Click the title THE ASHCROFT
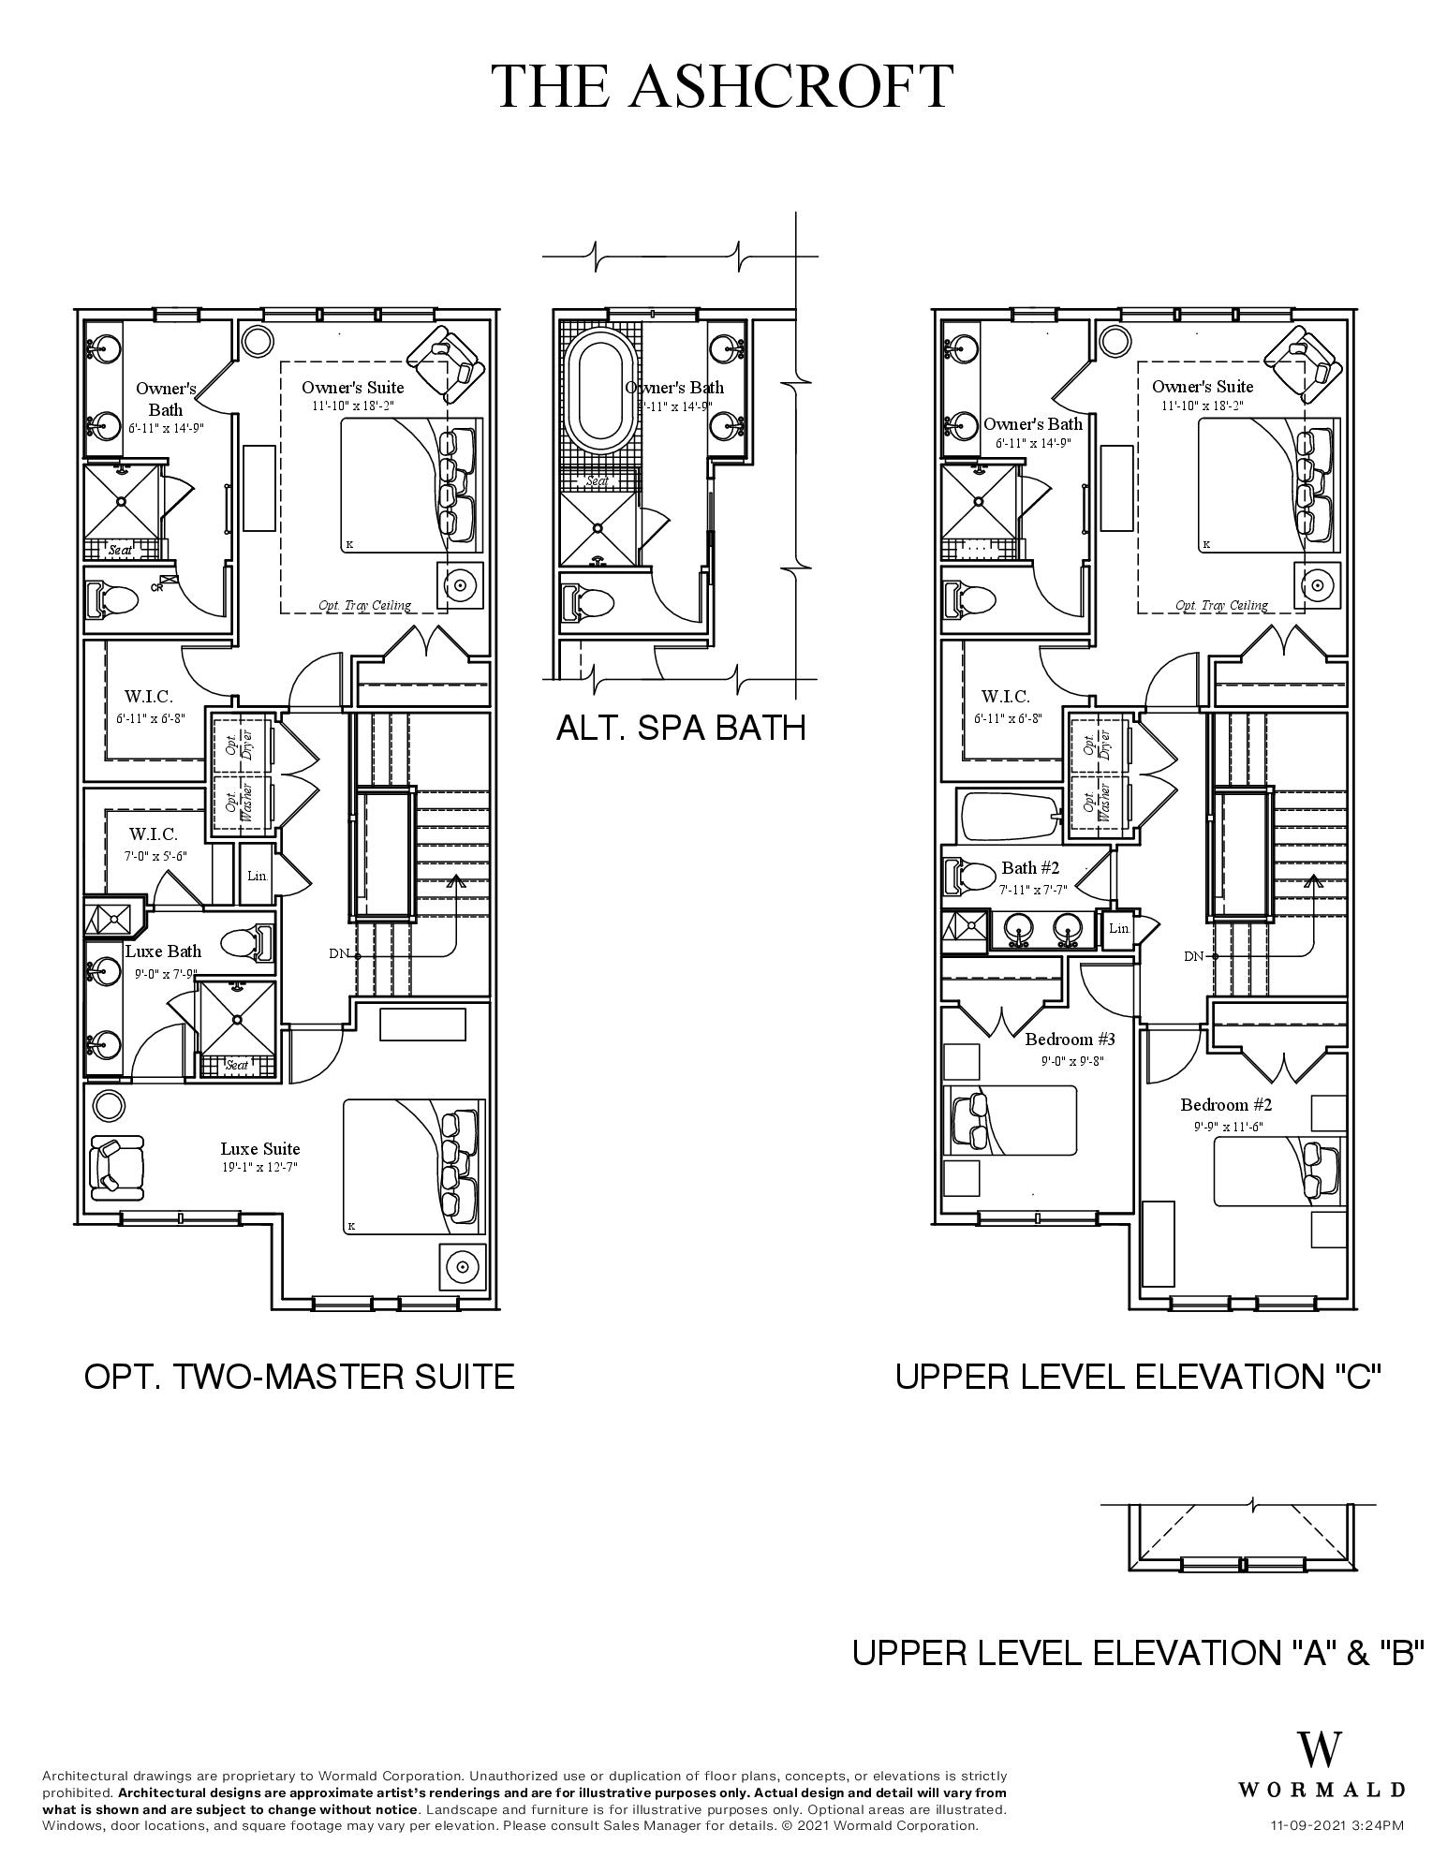click(723, 86)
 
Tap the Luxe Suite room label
click(260, 1148)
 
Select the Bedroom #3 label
click(1070, 1039)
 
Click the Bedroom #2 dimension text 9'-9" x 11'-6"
click(1228, 1127)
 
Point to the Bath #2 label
click(1030, 867)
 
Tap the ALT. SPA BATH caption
click(681, 728)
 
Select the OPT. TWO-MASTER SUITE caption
click(299, 1376)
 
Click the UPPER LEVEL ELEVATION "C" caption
click(1138, 1376)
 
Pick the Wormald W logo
click(1320, 1749)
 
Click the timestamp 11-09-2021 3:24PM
click(1336, 1825)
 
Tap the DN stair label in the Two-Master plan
click(339, 954)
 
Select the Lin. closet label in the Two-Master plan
click(258, 877)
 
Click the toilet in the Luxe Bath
click(248, 943)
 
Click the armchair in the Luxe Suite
click(116, 1167)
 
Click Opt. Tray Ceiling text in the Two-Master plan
click(364, 605)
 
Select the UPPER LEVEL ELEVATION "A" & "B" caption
click(1137, 1652)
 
